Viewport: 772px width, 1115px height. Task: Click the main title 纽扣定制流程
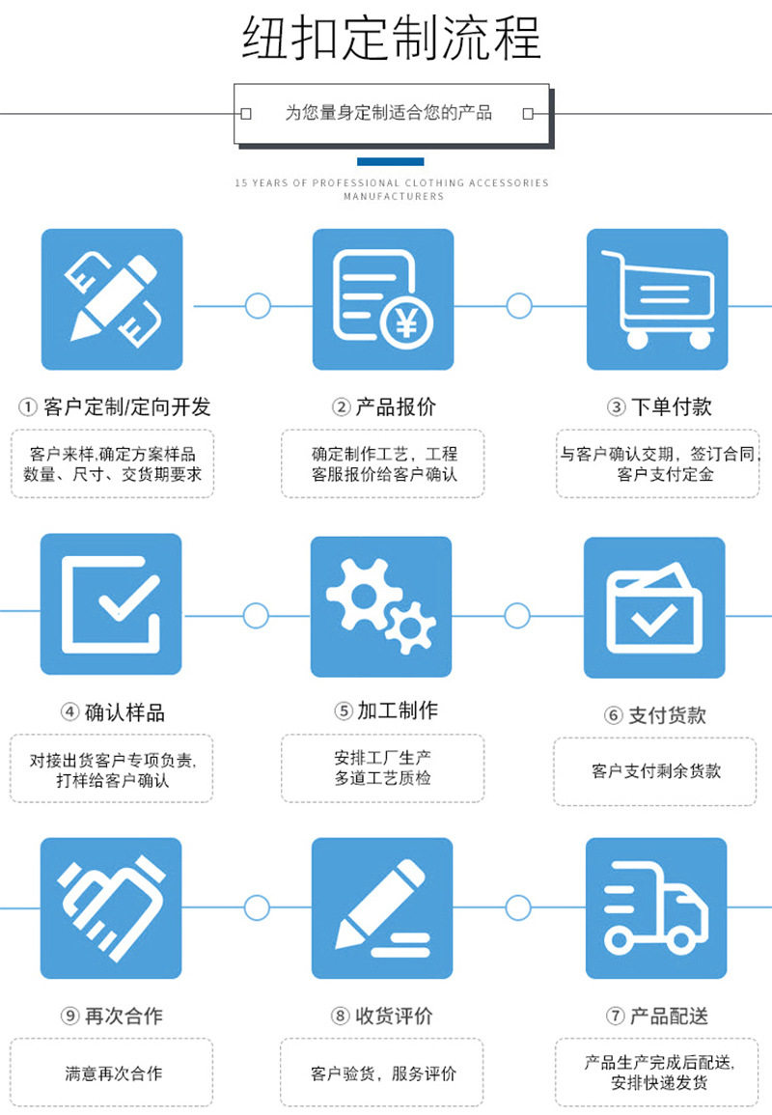tap(391, 39)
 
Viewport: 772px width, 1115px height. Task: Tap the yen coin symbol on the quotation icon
tap(406, 322)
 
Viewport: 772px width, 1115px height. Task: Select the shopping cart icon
tap(657, 299)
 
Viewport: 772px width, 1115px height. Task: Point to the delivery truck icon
tap(656, 907)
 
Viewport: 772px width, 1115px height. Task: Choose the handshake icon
tap(111, 907)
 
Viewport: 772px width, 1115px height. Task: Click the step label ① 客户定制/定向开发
tap(115, 407)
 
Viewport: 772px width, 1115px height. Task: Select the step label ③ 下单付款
tap(659, 407)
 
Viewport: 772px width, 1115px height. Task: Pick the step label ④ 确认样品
tap(113, 712)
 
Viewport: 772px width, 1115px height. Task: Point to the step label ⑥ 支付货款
tap(655, 715)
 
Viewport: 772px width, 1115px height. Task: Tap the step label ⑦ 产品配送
tap(657, 1016)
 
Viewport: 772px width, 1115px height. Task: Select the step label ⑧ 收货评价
tap(382, 1016)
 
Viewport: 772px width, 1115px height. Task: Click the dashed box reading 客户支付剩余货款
tap(655, 771)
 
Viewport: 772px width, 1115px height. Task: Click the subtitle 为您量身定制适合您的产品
tap(388, 113)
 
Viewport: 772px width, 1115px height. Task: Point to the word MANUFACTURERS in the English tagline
tap(394, 196)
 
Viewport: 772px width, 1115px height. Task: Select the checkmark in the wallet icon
tap(654, 619)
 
